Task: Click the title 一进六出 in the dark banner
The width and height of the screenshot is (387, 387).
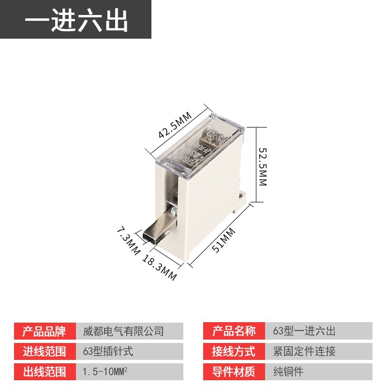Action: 76,20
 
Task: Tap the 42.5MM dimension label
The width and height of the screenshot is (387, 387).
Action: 176,124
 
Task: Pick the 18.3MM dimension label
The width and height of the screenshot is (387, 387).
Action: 160,267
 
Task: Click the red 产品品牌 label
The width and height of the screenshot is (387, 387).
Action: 45,331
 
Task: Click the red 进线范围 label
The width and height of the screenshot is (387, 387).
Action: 45,351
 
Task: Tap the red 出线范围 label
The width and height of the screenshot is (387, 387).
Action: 45,372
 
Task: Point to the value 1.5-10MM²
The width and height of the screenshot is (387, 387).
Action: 106,372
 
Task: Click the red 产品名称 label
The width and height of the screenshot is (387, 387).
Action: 234,331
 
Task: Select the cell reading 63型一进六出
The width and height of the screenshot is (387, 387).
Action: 304,331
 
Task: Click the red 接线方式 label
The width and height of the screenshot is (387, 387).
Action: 234,351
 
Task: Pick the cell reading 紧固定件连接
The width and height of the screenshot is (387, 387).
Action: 304,351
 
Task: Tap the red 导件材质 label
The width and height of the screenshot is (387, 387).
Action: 234,372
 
